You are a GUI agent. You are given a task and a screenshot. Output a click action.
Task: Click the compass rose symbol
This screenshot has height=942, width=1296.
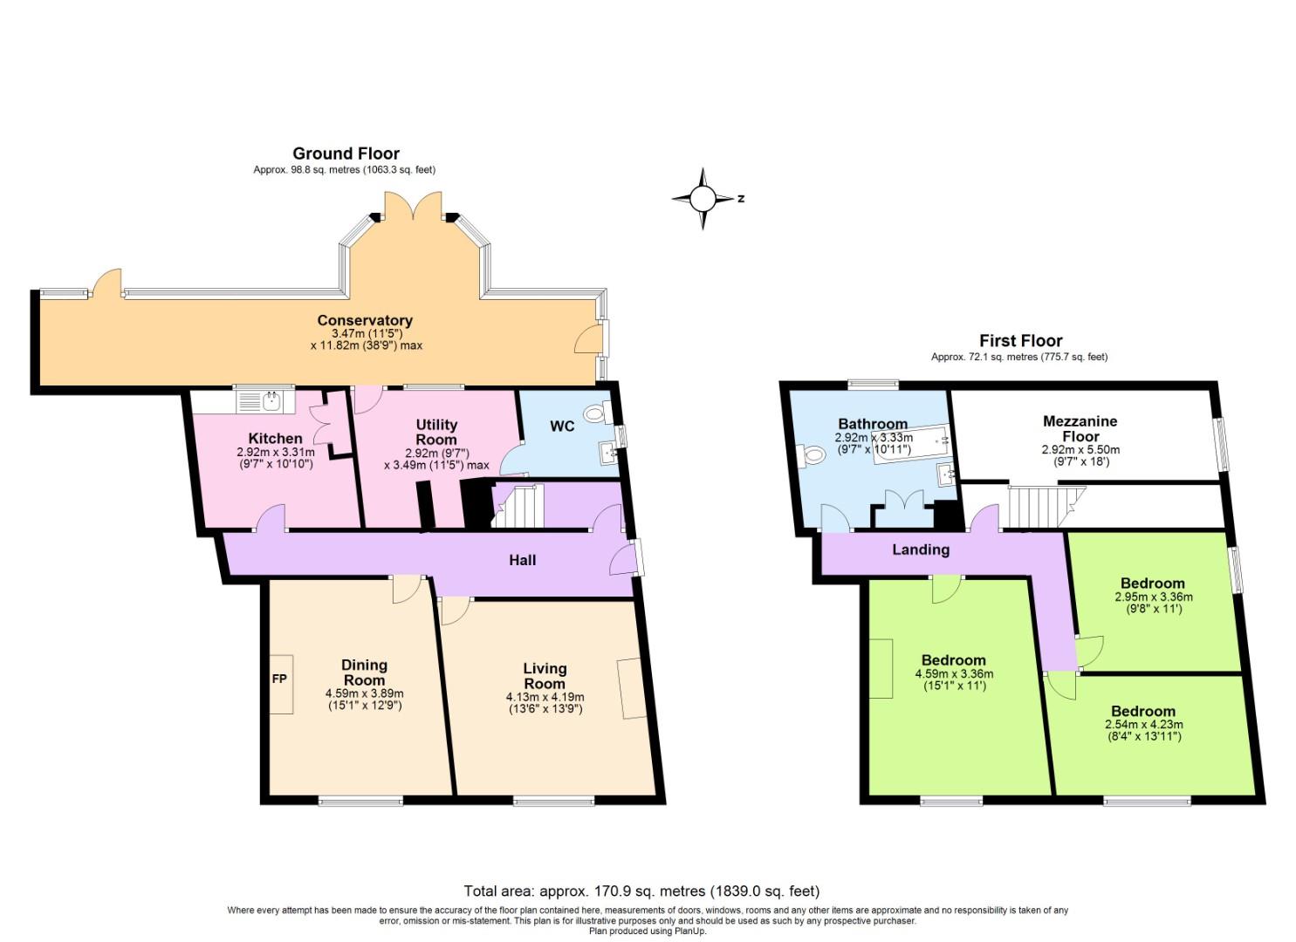click(x=703, y=199)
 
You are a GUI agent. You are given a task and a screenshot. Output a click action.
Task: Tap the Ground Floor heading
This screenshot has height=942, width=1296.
click(x=346, y=154)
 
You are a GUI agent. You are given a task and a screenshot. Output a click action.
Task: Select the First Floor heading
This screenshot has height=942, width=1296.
click(x=1020, y=340)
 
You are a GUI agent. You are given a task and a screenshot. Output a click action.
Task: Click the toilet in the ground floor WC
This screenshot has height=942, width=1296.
click(x=598, y=413)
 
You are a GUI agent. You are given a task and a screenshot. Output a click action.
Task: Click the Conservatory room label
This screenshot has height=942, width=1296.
click(x=365, y=320)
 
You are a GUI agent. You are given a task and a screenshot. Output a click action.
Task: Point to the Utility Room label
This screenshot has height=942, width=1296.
click(x=436, y=432)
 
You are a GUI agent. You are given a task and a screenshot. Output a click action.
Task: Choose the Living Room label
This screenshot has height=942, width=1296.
click(x=545, y=676)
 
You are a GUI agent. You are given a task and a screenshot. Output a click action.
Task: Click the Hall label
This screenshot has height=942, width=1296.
click(x=523, y=560)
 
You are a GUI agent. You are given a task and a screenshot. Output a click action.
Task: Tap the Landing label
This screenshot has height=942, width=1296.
click(x=921, y=549)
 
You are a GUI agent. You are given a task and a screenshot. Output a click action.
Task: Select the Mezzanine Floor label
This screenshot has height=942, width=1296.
click(x=1080, y=428)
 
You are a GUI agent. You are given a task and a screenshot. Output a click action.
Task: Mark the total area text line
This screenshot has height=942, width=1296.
click(x=641, y=891)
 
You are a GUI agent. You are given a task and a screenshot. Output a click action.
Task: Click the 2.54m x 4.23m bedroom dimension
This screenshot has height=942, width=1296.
click(x=1143, y=724)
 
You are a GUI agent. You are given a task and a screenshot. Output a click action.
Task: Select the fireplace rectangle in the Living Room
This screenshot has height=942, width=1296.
click(x=632, y=689)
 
